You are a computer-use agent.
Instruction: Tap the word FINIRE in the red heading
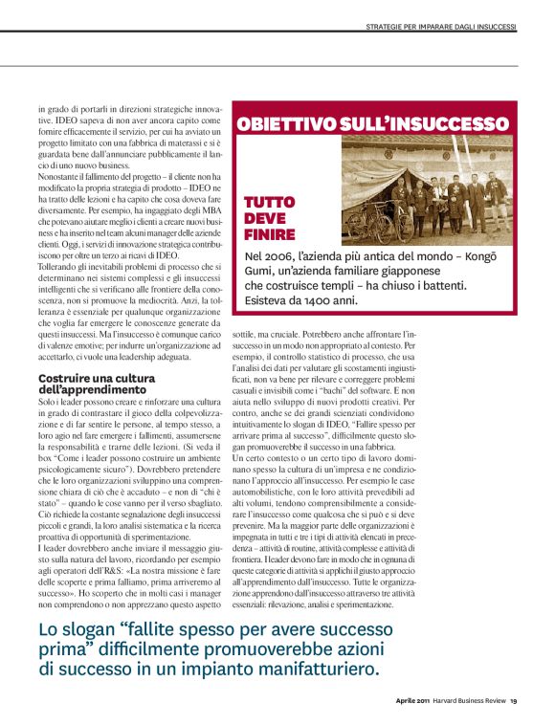268,233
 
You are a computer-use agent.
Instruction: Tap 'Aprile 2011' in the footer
415,701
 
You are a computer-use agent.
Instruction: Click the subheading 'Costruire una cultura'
91,379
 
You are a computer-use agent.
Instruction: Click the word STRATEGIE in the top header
387,26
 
